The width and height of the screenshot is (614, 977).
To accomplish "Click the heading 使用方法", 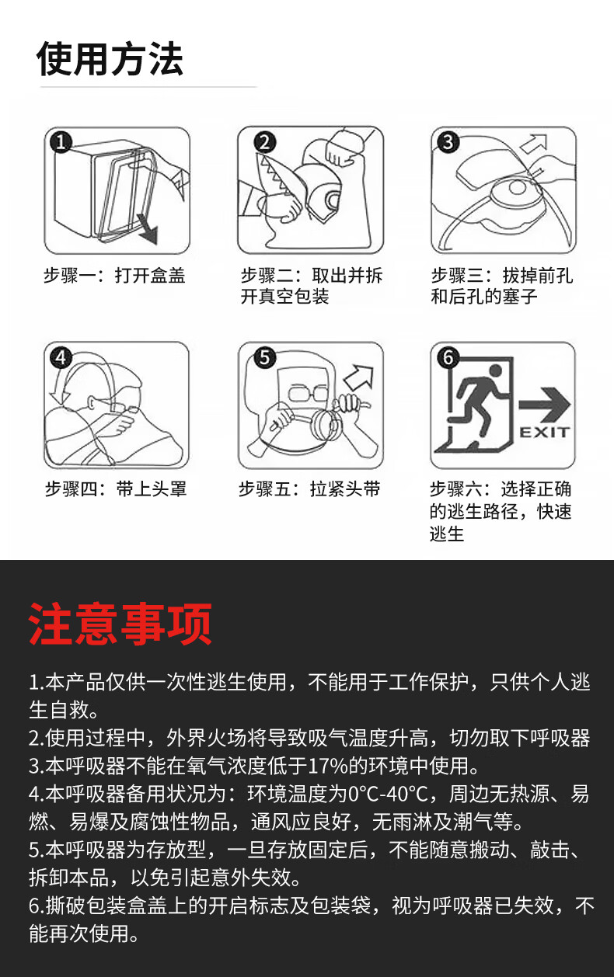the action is point(110,59).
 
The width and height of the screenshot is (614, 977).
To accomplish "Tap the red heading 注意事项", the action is point(120,624).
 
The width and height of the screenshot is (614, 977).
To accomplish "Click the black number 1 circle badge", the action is point(61,142).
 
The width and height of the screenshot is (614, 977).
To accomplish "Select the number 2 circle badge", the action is point(265,142).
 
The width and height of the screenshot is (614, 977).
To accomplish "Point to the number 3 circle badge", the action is point(448,142).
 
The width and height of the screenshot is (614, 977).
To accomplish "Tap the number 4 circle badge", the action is point(61,358).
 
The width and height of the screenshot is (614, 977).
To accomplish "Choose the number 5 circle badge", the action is point(265,358).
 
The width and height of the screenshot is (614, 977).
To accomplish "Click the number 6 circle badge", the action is point(448,358).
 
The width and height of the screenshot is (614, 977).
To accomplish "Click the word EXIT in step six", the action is point(545,433).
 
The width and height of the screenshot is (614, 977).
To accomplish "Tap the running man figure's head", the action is point(495,370).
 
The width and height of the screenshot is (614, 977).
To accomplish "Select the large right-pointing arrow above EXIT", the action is point(544,405).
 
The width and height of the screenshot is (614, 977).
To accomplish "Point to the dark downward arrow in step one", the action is point(147,228).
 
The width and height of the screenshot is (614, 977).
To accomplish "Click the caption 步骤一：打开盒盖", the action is point(115,276).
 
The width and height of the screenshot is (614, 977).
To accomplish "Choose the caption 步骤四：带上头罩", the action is point(116,489).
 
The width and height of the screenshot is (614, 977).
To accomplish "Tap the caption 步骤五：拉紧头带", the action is point(309,489).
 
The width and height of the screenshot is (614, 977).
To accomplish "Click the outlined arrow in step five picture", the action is point(359,377).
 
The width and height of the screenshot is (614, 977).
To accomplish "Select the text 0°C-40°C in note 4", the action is point(388,794).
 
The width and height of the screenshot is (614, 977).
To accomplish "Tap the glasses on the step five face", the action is point(308,393).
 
